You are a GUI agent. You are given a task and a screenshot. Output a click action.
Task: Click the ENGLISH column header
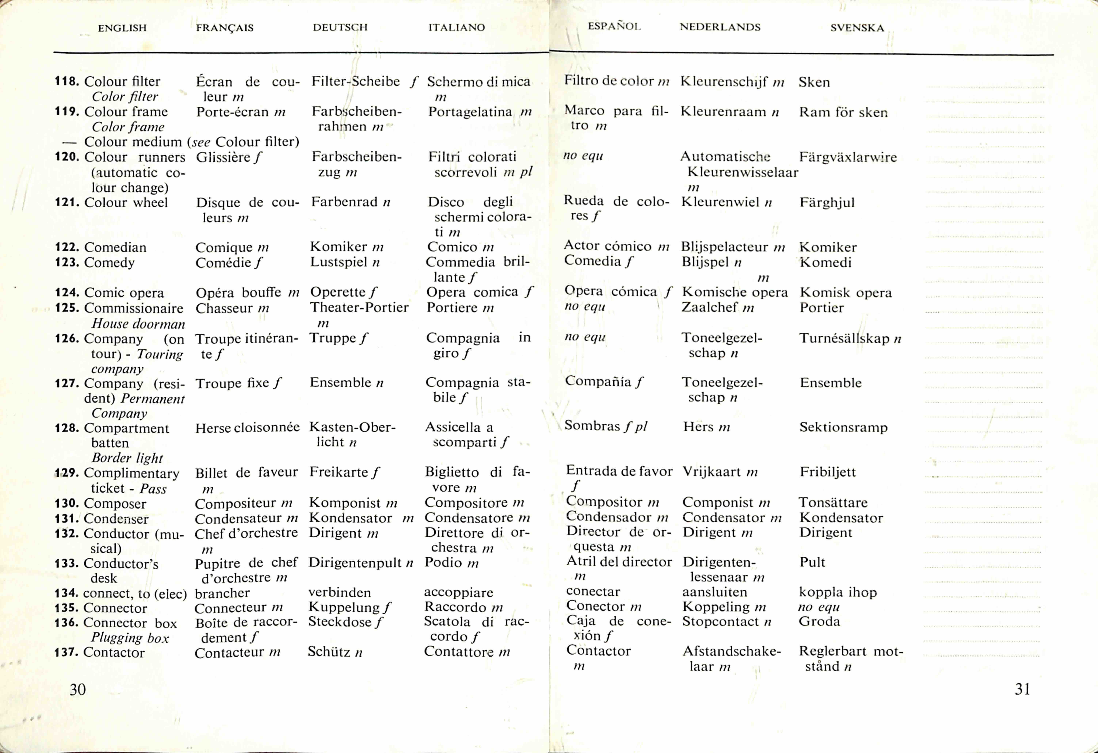(122, 28)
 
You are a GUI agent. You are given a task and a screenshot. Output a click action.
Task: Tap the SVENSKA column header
(857, 28)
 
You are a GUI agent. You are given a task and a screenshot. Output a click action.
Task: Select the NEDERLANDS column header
(720, 27)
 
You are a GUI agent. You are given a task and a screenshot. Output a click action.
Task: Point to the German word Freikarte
(338, 472)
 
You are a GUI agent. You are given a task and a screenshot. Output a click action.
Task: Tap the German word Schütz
(329, 652)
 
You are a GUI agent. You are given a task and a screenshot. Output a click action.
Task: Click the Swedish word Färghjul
(827, 203)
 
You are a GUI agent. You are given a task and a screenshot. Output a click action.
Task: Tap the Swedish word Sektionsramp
(843, 427)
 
